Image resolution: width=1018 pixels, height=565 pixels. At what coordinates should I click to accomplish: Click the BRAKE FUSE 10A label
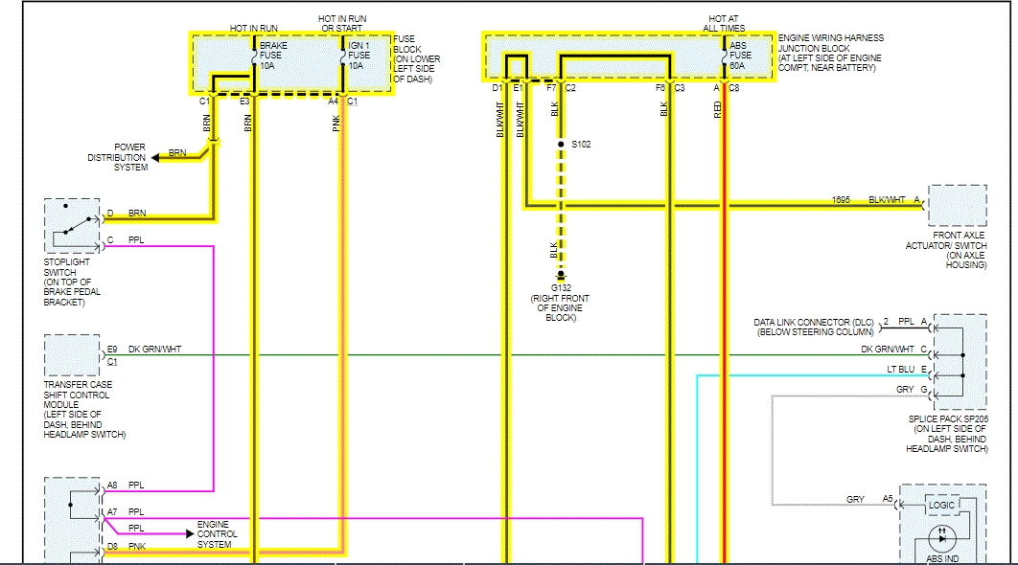[x=273, y=56]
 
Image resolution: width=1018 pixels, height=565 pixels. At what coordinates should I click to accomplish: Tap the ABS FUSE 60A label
[x=740, y=56]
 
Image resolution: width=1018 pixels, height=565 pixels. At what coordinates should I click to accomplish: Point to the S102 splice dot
[x=562, y=145]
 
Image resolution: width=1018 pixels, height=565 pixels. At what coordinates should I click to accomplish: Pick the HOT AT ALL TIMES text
[x=725, y=23]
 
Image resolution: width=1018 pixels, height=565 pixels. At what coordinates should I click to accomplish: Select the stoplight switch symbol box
[x=72, y=225]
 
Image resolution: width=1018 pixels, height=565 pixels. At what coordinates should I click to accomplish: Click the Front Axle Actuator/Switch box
[x=957, y=205]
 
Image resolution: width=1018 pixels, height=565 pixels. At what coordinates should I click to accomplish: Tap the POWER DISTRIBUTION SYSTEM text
[x=117, y=157]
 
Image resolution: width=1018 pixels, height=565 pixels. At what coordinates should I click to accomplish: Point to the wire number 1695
[x=841, y=199]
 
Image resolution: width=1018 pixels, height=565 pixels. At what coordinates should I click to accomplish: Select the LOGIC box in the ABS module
[x=942, y=505]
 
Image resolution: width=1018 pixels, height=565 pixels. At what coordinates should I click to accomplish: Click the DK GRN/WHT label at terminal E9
[x=155, y=350]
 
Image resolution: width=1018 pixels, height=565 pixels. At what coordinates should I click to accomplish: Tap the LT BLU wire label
[x=901, y=370]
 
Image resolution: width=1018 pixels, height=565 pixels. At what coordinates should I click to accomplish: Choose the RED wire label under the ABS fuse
[x=717, y=108]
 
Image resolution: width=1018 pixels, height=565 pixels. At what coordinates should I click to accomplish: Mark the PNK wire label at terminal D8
[x=136, y=547]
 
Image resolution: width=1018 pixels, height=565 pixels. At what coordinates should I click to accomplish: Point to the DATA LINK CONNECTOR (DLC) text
[x=814, y=327]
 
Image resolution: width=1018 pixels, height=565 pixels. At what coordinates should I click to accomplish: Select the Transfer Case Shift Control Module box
[x=72, y=355]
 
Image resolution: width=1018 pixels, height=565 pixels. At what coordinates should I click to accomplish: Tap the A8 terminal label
[x=112, y=486]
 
